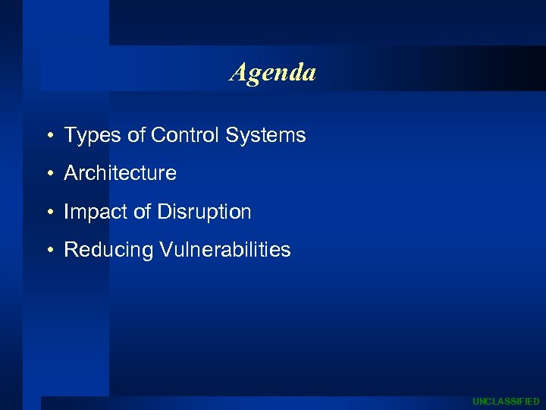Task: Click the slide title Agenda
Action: click(273, 73)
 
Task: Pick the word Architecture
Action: click(120, 173)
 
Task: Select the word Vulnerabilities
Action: click(225, 249)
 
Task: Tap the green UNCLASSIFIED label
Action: click(506, 401)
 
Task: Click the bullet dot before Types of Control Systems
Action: click(48, 137)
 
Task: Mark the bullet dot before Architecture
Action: click(48, 174)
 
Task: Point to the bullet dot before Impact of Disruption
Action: click(48, 213)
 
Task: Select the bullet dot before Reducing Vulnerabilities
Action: click(48, 251)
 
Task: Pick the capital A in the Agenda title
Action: click(238, 72)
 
